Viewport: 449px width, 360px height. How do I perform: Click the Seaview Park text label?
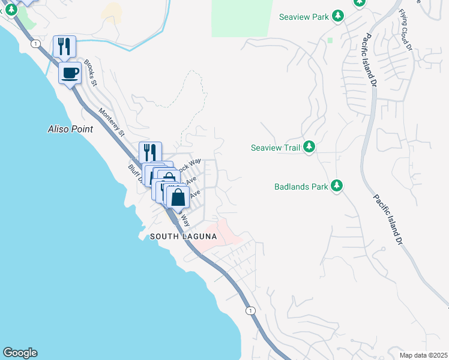pos(304,17)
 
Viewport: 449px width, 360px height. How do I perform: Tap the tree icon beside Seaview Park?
pos(338,16)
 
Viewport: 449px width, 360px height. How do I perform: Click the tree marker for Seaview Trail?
pos(309,146)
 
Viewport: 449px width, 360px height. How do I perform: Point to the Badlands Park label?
pos(301,187)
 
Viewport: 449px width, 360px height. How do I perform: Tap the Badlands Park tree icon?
pos(337,185)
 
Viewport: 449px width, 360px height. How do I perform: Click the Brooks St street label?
pos(91,73)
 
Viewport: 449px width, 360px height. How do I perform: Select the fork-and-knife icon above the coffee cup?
pos(64,46)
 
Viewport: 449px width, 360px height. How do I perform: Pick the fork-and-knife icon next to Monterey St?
pos(150,152)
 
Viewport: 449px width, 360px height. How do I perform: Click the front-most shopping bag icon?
pos(178,197)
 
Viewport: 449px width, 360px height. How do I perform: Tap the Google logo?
pos(19,353)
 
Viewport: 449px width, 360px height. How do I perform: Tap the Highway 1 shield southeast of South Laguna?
pos(250,310)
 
